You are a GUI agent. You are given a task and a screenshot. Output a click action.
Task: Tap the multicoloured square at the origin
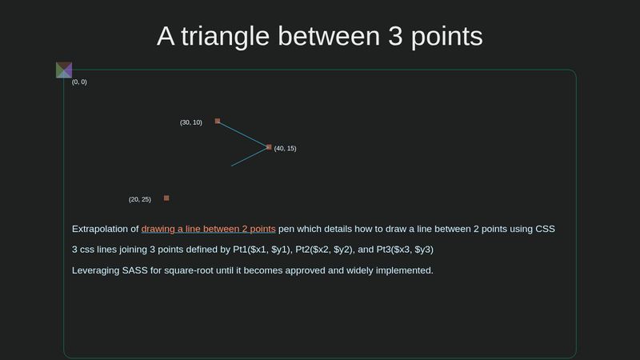point(64,70)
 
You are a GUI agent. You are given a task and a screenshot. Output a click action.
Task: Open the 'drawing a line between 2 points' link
point(208,229)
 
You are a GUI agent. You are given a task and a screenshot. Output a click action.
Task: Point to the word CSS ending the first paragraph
point(544,229)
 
